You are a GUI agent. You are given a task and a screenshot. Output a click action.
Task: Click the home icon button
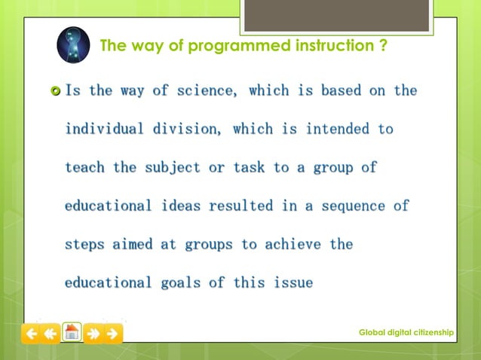(72, 332)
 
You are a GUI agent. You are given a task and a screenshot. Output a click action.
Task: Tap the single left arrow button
(31, 333)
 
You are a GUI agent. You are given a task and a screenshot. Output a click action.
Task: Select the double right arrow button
(93, 333)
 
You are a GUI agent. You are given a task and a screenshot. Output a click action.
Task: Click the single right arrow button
(113, 333)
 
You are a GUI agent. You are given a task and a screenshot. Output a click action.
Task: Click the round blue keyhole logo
(73, 46)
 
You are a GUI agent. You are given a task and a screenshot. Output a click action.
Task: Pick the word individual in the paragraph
(104, 129)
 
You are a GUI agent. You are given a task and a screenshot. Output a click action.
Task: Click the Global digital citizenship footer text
(406, 332)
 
